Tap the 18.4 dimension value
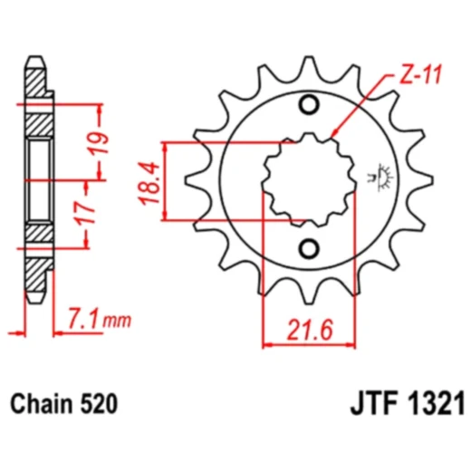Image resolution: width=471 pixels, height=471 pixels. [x=150, y=181]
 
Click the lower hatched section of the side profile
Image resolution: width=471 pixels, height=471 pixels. [x=37, y=240]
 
